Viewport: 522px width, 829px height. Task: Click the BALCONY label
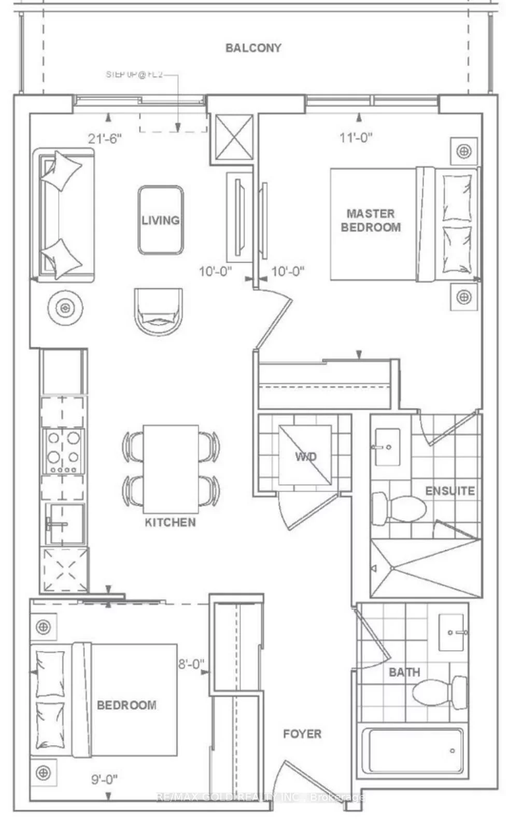253,48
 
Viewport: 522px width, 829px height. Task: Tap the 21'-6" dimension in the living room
104,138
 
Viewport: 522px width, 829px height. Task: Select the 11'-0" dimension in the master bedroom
356,137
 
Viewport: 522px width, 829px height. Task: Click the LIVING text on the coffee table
161,220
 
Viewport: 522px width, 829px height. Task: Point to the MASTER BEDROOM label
371,220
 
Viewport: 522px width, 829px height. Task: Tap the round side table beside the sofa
65,308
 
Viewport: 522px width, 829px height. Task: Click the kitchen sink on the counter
65,524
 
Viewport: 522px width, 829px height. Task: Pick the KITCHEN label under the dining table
170,522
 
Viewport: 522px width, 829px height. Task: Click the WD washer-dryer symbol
305,456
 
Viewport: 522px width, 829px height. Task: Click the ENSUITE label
450,491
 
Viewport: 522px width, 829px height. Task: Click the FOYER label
302,734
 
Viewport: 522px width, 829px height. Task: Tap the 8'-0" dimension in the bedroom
191,664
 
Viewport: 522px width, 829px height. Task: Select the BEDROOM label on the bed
126,705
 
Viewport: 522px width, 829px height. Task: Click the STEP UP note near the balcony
135,75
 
